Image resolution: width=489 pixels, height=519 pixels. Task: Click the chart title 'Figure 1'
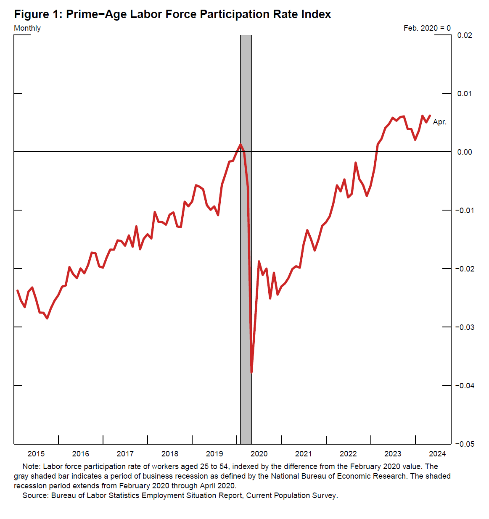(x=172, y=14)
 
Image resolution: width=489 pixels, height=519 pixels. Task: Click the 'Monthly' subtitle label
(x=27, y=28)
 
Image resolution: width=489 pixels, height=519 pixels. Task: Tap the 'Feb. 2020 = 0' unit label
(x=427, y=28)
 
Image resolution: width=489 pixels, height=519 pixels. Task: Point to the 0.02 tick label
(x=465, y=35)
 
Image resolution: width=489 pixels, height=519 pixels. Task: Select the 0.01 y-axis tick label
(x=465, y=93)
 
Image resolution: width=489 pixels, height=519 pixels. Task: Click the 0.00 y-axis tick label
(x=465, y=152)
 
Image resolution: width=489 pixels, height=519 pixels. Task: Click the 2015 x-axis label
(x=36, y=454)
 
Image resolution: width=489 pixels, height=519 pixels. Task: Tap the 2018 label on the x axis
(x=170, y=454)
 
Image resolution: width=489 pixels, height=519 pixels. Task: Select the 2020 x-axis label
(x=259, y=454)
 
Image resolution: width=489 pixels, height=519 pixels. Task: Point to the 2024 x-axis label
(x=437, y=454)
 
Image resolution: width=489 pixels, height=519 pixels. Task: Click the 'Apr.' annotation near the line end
(x=439, y=122)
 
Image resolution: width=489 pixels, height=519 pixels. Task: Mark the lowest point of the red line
(x=251, y=372)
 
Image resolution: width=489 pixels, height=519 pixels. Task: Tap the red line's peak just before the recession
(x=241, y=145)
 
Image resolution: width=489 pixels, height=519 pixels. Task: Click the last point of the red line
(x=430, y=116)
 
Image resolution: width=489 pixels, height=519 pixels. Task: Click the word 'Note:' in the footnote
(x=32, y=466)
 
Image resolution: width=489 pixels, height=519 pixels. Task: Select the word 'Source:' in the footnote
(x=36, y=495)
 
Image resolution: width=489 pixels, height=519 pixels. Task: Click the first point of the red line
(x=17, y=290)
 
